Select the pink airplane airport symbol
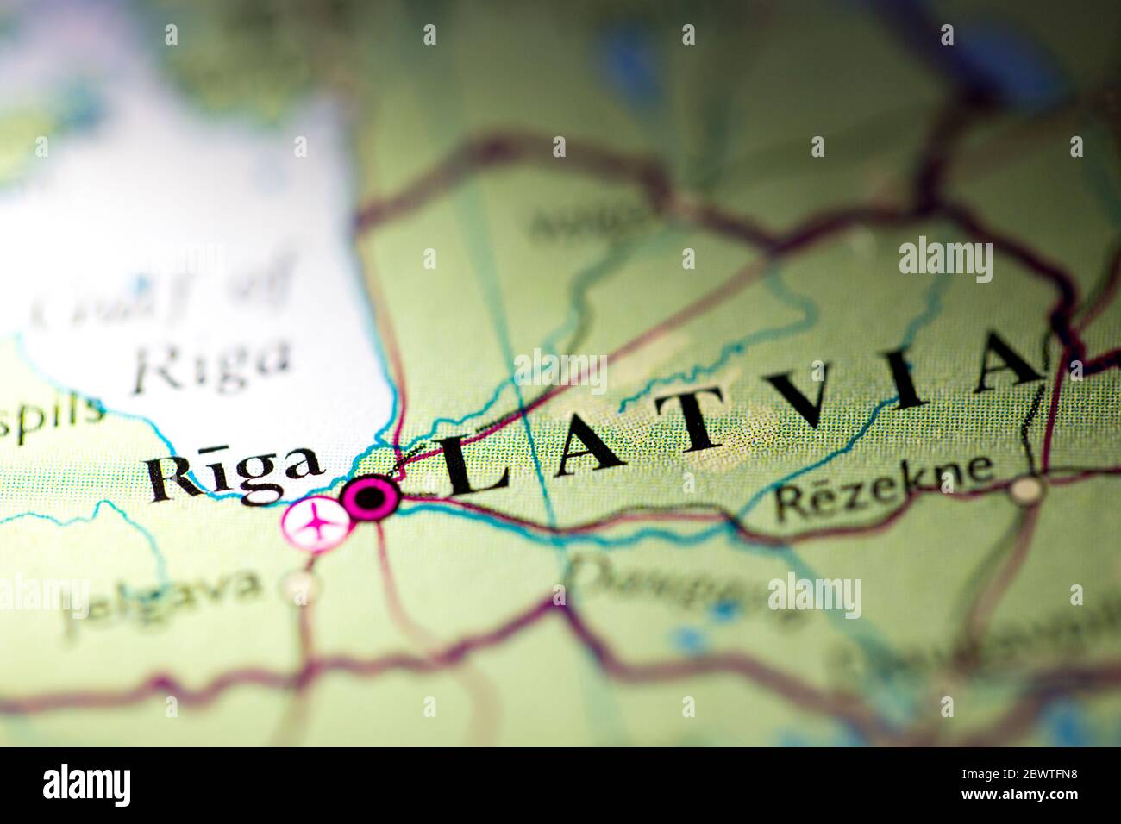point(315,523)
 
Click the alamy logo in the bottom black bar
point(86,784)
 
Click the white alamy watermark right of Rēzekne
point(945,259)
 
